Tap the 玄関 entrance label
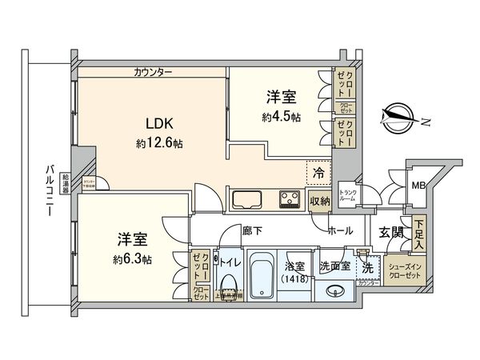tap(392, 231)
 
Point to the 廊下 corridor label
tap(253, 230)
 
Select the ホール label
tap(342, 231)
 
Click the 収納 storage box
tap(320, 202)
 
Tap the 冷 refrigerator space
tap(318, 172)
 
